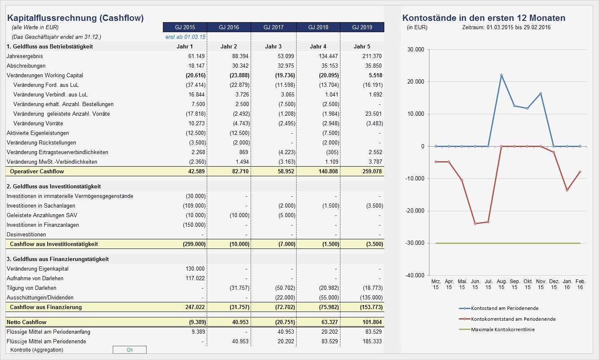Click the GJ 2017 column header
tap(273, 27)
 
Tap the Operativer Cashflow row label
tap(37, 171)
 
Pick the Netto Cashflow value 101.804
tap(371, 322)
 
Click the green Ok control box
tap(129, 350)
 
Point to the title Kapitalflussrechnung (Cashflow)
tap(76, 18)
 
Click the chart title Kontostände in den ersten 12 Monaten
tap(484, 18)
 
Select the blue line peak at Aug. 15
tap(501, 75)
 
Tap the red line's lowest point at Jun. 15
tap(475, 223)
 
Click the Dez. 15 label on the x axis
tap(554, 284)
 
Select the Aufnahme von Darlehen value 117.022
tap(195, 278)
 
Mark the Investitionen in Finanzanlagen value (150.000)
tap(194, 225)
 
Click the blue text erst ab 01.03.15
tap(185, 37)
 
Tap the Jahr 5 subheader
tap(362, 46)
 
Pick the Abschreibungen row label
tap(26, 66)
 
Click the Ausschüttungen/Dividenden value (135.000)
tap(371, 297)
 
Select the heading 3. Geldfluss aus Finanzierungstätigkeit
tap(58, 259)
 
